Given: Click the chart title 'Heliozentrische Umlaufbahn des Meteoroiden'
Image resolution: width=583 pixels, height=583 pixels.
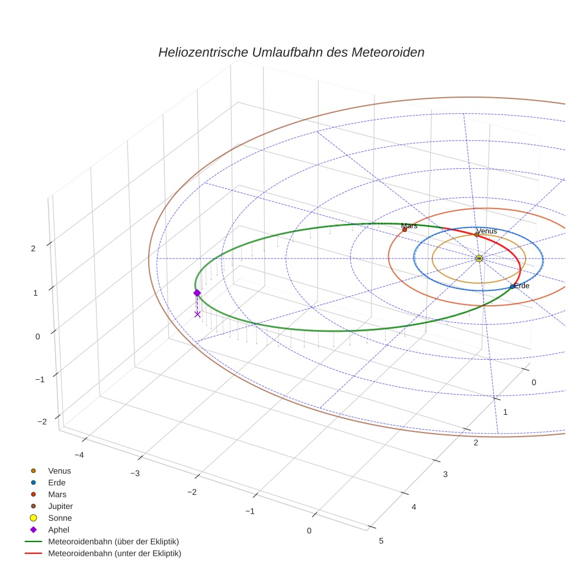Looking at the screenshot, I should [x=291, y=52].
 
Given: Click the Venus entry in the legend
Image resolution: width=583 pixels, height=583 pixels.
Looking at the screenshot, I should [x=59, y=471].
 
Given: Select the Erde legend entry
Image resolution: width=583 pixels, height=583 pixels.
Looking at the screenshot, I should [x=57, y=483].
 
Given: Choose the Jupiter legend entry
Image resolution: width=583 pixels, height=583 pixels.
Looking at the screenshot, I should [x=60, y=507].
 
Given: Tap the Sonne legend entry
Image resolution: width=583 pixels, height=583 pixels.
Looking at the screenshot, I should [x=60, y=518].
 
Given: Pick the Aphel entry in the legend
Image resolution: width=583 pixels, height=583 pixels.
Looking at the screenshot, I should [x=59, y=530].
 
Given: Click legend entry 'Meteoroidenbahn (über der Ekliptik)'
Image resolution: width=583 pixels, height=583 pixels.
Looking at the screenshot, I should [x=113, y=542].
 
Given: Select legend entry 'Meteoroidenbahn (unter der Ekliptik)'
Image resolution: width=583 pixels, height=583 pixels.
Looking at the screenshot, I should [x=114, y=554].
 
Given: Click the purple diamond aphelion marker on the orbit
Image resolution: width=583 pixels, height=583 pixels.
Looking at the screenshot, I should [x=197, y=293].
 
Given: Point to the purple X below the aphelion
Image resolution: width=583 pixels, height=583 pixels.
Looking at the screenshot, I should [x=197, y=314].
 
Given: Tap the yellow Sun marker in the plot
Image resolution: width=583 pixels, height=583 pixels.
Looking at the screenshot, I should [x=479, y=258].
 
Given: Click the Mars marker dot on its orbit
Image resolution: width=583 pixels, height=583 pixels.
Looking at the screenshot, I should [x=405, y=229].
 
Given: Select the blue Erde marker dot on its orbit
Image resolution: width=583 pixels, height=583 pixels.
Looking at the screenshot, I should [x=512, y=287].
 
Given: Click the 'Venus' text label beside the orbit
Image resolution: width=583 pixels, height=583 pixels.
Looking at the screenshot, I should [x=486, y=230].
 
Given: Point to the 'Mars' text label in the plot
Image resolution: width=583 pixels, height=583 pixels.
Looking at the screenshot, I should [x=409, y=226].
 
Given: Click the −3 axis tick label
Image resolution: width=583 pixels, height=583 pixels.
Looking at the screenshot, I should [x=134, y=473].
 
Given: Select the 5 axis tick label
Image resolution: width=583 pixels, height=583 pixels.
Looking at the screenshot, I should [x=381, y=540].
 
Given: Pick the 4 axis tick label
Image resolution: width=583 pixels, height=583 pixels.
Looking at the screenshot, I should [x=414, y=507].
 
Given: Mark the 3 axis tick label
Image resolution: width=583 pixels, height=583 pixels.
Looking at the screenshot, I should [x=445, y=474].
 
